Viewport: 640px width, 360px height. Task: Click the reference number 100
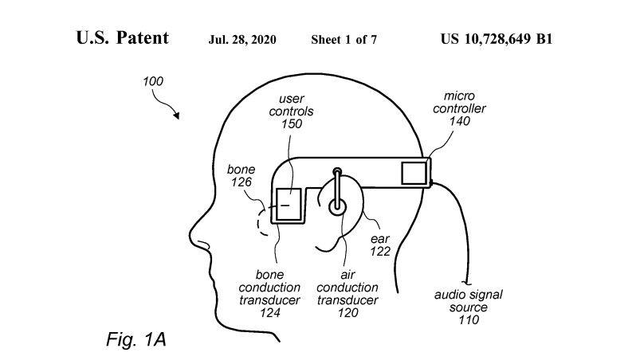point(155,82)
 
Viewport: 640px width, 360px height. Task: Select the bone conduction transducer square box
point(289,205)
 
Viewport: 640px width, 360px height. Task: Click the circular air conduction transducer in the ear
point(338,205)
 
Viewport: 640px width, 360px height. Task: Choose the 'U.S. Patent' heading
point(122,38)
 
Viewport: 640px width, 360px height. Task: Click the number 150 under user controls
point(292,124)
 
